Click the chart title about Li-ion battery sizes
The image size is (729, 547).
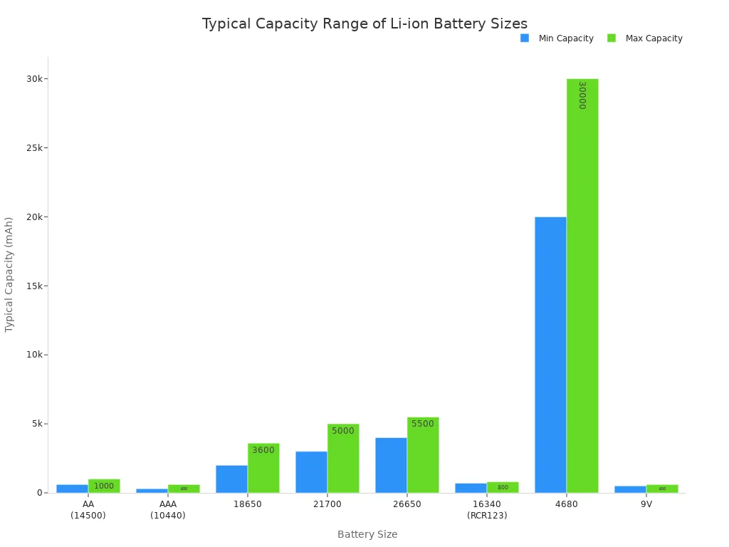364,24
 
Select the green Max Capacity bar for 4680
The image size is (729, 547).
582,285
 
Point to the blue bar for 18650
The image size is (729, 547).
231,479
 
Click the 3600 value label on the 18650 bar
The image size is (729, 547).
263,450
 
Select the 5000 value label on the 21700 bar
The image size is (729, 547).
343,431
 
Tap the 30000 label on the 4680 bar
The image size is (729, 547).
582,95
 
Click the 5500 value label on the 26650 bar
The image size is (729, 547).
423,424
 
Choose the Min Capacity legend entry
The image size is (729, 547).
557,38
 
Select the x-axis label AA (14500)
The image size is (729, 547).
88,510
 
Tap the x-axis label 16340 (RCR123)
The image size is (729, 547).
487,510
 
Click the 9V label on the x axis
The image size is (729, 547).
646,504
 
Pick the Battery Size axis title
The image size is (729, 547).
367,534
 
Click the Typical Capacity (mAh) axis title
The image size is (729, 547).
9,274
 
